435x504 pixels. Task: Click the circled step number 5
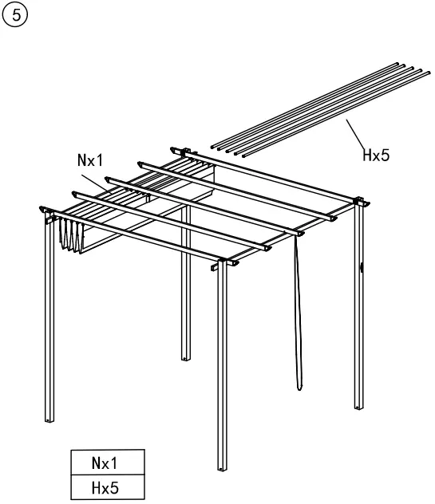[x=13, y=14]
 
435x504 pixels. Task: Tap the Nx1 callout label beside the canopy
[x=92, y=159]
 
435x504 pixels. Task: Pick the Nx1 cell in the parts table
[x=108, y=462]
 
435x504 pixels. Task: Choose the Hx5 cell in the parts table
[x=108, y=486]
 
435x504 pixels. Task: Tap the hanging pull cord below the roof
[x=298, y=311]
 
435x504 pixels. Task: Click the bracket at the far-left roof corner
[x=44, y=209]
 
